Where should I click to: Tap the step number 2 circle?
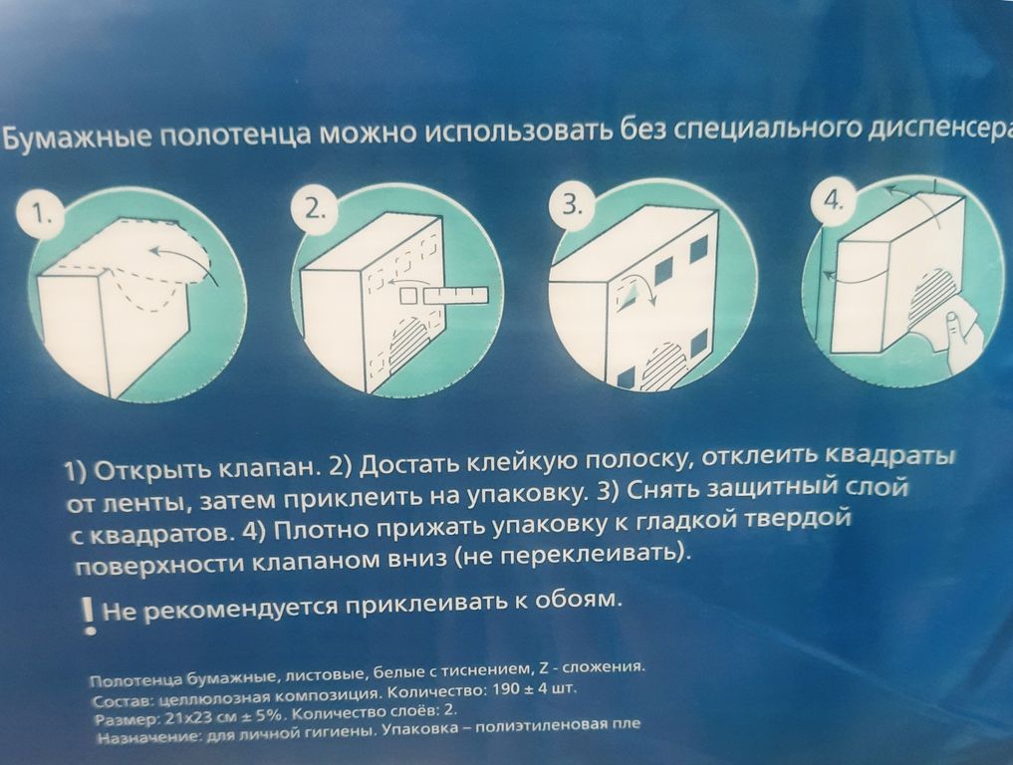(315, 210)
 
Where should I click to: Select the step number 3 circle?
(572, 205)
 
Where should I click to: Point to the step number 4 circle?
(834, 201)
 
